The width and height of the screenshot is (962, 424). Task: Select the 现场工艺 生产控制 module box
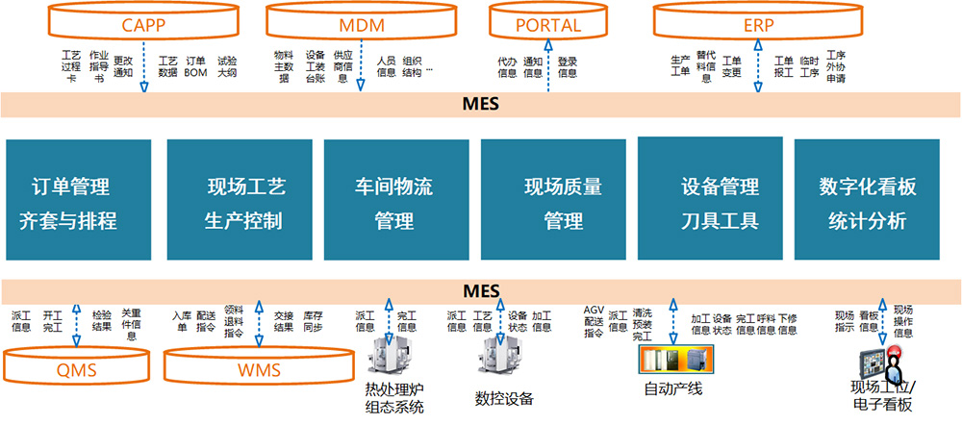pos(239,200)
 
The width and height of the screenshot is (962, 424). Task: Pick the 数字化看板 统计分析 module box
pos(867,200)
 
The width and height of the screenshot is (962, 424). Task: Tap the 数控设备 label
pos(503,399)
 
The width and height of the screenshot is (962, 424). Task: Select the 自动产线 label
pos(673,388)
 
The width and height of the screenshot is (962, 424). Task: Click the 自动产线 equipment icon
pos(673,360)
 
